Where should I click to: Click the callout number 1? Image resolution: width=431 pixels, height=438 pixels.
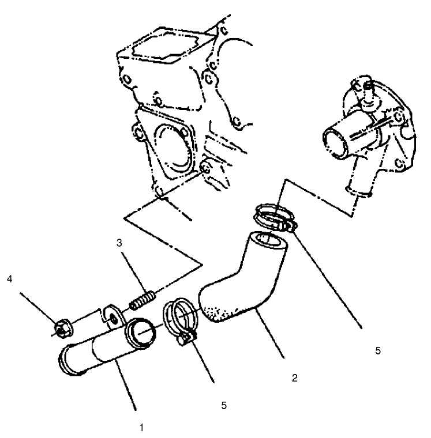tap(140, 428)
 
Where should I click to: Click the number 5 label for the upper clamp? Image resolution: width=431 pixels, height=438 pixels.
tap(377, 349)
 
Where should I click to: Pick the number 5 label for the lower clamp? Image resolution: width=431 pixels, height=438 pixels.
tap(223, 405)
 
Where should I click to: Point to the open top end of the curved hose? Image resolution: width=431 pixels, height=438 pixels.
tap(266, 238)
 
